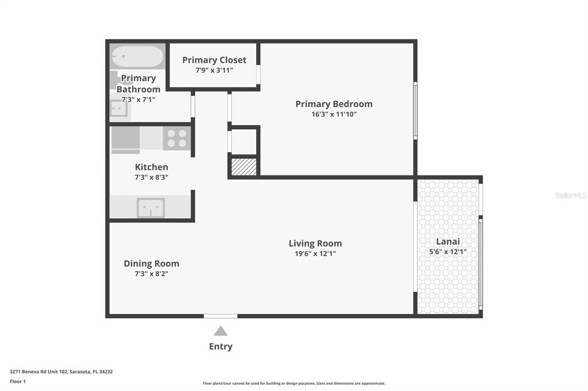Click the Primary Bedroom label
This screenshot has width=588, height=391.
(334, 104)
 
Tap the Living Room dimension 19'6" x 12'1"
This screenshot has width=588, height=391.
(315, 253)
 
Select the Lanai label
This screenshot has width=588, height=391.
(448, 241)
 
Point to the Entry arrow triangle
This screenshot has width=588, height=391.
(220, 331)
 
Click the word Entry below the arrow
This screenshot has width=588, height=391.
(220, 346)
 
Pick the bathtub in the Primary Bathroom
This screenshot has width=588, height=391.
(138, 56)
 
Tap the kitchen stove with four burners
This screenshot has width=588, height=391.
(177, 138)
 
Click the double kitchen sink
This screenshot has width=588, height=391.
(151, 208)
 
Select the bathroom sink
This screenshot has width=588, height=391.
(119, 108)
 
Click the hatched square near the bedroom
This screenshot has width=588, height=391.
(243, 167)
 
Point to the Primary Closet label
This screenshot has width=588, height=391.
(214, 60)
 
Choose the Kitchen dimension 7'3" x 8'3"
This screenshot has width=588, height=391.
(151, 177)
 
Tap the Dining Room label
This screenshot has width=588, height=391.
(152, 263)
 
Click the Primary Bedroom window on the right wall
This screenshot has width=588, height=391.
(415, 111)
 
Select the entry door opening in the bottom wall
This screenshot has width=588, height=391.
(220, 316)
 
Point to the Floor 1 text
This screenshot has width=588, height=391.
(18, 381)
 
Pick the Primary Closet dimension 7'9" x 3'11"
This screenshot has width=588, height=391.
(214, 70)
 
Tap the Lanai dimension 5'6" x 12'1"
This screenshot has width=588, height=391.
(448, 252)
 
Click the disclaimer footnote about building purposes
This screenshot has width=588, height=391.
(294, 383)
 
